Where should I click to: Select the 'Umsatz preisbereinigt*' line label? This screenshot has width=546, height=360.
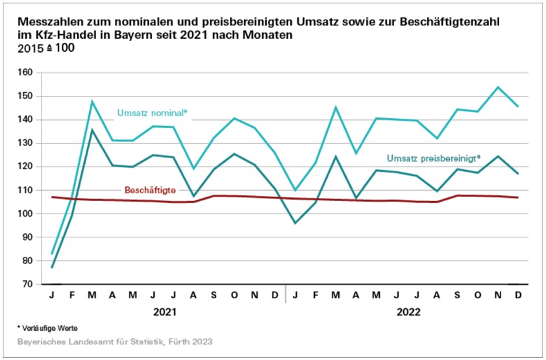pyautogui.click(x=432, y=158)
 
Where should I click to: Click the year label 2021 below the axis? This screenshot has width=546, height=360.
pyautogui.click(x=164, y=312)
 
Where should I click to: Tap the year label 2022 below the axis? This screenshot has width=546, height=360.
pyautogui.click(x=408, y=312)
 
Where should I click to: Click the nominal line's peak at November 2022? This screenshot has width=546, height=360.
pyautogui.click(x=497, y=87)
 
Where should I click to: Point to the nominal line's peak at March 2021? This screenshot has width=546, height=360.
pyautogui.click(x=92, y=101)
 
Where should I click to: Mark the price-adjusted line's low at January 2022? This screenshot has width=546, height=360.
pyautogui.click(x=295, y=223)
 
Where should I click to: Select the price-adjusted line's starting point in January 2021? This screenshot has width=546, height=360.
pyautogui.click(x=52, y=267)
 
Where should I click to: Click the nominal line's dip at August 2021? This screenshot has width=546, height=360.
pyautogui.click(x=193, y=169)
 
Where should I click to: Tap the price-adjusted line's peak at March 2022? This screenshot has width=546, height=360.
pyautogui.click(x=336, y=156)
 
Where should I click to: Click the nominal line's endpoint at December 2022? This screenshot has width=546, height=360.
pyautogui.click(x=517, y=106)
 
